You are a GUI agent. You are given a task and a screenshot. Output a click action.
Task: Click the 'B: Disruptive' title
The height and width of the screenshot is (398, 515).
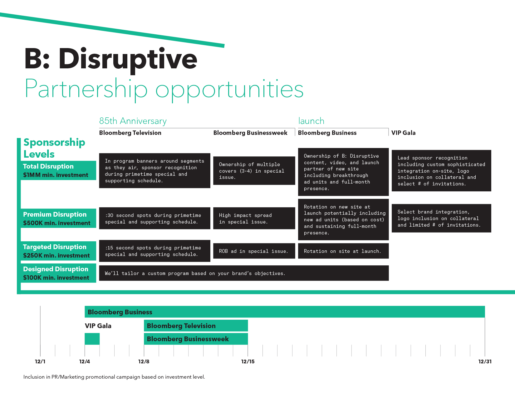[111, 59]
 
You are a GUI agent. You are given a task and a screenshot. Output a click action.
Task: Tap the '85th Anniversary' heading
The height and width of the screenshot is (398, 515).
[133, 121]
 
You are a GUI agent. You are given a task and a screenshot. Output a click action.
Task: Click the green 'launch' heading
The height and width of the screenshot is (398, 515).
[311, 121]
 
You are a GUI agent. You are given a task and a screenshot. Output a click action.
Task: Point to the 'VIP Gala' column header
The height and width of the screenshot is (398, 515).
[403, 133]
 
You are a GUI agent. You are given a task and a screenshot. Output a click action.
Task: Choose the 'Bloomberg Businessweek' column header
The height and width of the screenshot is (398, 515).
[250, 133]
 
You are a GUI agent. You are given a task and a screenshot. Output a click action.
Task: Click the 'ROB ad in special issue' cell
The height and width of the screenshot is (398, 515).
[254, 251]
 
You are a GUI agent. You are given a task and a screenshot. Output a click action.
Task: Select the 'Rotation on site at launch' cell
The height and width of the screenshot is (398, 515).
[343, 251]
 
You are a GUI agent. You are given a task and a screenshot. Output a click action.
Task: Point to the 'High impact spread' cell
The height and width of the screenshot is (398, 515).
[254, 218]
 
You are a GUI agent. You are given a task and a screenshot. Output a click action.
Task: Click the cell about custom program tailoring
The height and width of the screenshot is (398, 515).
[244, 273]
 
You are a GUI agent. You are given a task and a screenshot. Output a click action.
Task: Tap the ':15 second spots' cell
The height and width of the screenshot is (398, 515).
[154, 251]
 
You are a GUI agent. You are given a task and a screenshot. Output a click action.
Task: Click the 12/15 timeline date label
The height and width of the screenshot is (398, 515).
[248, 361]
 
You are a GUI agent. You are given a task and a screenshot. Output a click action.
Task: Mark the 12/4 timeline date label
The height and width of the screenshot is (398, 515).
[85, 361]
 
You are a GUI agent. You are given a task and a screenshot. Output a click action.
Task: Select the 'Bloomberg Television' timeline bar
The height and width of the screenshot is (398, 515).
[196, 326]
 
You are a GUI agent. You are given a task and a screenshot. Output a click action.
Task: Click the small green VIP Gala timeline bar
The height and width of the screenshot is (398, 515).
[92, 339]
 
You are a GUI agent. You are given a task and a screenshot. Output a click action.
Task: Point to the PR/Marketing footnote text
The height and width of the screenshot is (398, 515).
[114, 377]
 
